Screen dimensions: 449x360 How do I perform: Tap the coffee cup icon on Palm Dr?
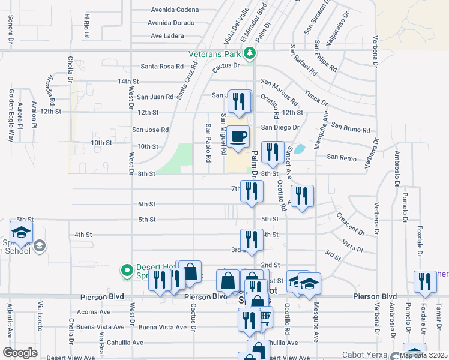(x=238, y=137)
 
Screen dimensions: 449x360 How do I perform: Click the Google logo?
(x=20, y=353)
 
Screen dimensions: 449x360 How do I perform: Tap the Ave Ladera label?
(x=167, y=36)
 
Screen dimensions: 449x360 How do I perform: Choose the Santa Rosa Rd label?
(x=161, y=67)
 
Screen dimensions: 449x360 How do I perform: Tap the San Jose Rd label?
(x=150, y=130)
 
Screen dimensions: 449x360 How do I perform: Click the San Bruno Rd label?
(x=351, y=128)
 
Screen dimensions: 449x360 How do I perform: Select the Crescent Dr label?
(x=350, y=223)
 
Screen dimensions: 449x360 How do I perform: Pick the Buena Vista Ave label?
(x=163, y=327)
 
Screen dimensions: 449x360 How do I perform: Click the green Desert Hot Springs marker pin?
(x=127, y=271)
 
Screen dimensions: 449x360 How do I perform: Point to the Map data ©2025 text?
(x=423, y=355)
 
